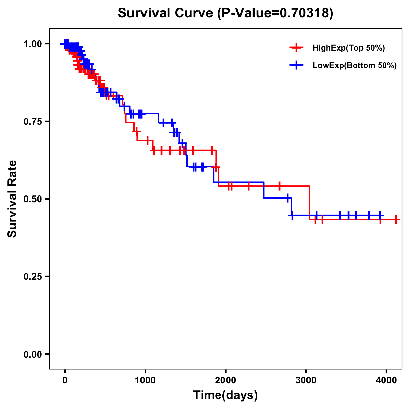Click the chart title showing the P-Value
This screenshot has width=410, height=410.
[225, 13]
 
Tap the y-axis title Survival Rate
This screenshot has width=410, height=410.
[12, 199]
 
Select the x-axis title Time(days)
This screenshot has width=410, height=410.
[225, 395]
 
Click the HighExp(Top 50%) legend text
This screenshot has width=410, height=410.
[349, 48]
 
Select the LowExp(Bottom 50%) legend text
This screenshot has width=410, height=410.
[355, 65]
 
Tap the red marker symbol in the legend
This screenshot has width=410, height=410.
[296, 48]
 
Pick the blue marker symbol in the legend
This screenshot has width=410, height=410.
[296, 65]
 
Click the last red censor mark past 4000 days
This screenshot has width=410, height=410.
[396, 219]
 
